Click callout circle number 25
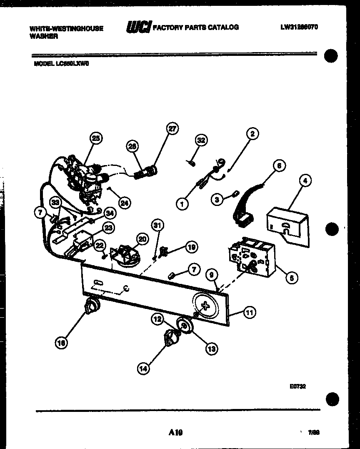coord(96,139)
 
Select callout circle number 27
coord(172,129)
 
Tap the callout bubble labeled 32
coord(201,140)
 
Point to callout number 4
coord(305,181)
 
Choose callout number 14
coord(143,368)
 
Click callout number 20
coord(142,239)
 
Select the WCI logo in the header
coord(139,27)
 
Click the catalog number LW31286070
coord(299,27)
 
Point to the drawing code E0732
coord(298,386)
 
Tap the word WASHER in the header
coord(44,36)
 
